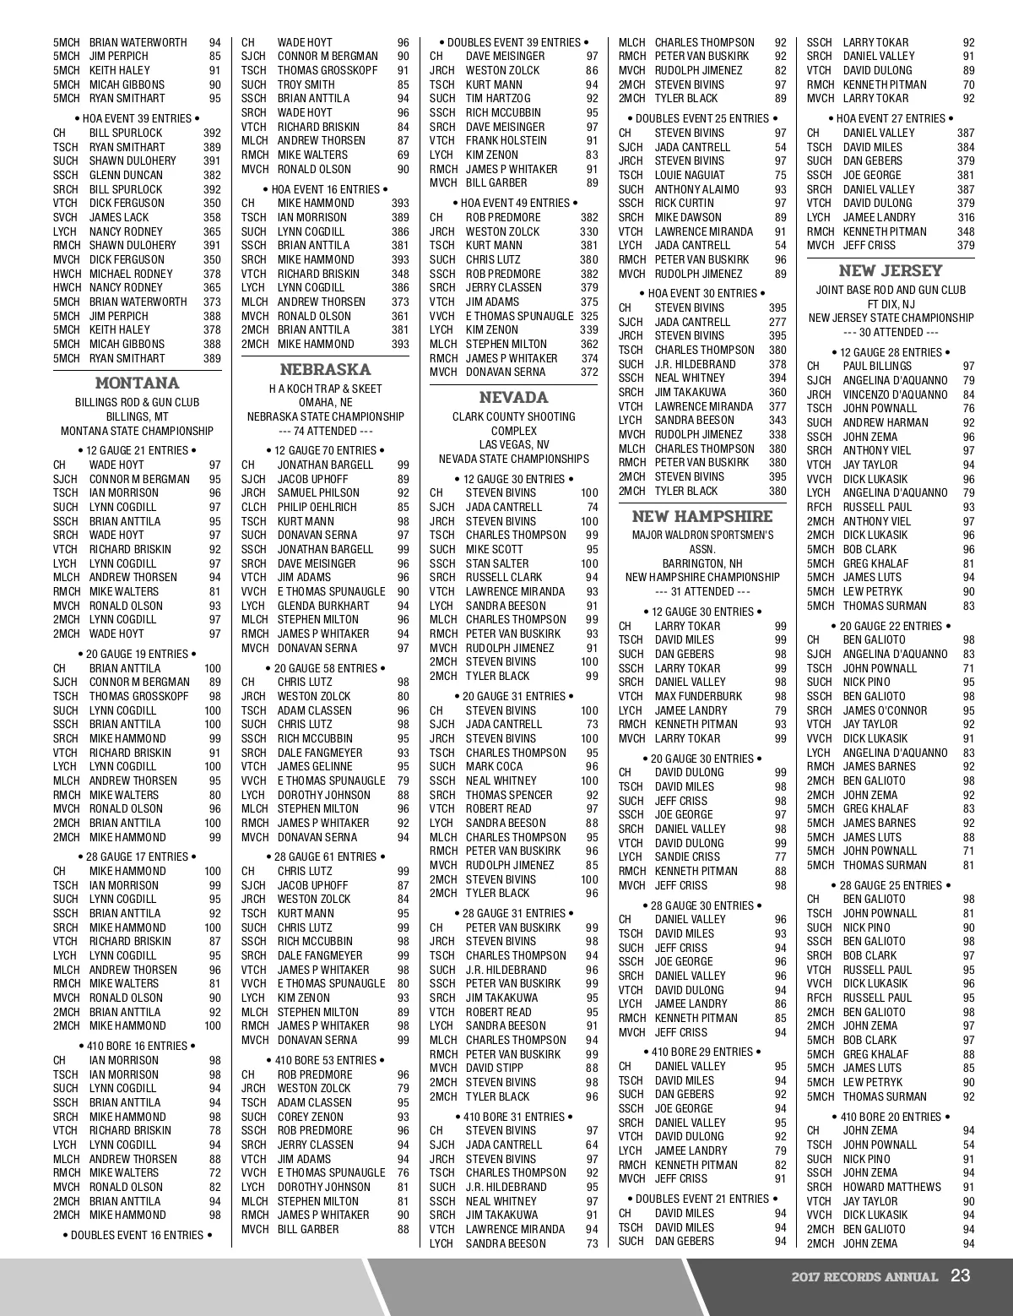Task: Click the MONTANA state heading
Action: (137, 383)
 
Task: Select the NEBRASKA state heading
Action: (325, 369)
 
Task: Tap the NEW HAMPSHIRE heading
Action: (702, 516)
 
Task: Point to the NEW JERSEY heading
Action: (890, 270)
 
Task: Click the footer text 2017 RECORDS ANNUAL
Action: (864, 1276)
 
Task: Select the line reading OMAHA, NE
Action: (325, 403)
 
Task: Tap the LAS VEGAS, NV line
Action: (513, 445)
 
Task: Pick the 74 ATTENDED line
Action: (325, 431)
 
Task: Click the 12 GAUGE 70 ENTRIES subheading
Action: (325, 450)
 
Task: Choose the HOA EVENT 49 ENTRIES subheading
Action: (513, 203)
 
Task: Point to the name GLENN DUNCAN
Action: (126, 175)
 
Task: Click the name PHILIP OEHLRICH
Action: (317, 507)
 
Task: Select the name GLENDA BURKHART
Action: (323, 606)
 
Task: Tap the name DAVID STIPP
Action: (495, 1069)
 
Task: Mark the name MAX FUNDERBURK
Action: (698, 696)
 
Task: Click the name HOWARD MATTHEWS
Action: (891, 1187)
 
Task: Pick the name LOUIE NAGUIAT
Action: (690, 175)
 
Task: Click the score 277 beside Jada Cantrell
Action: (777, 322)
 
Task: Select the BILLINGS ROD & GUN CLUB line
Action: (137, 403)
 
